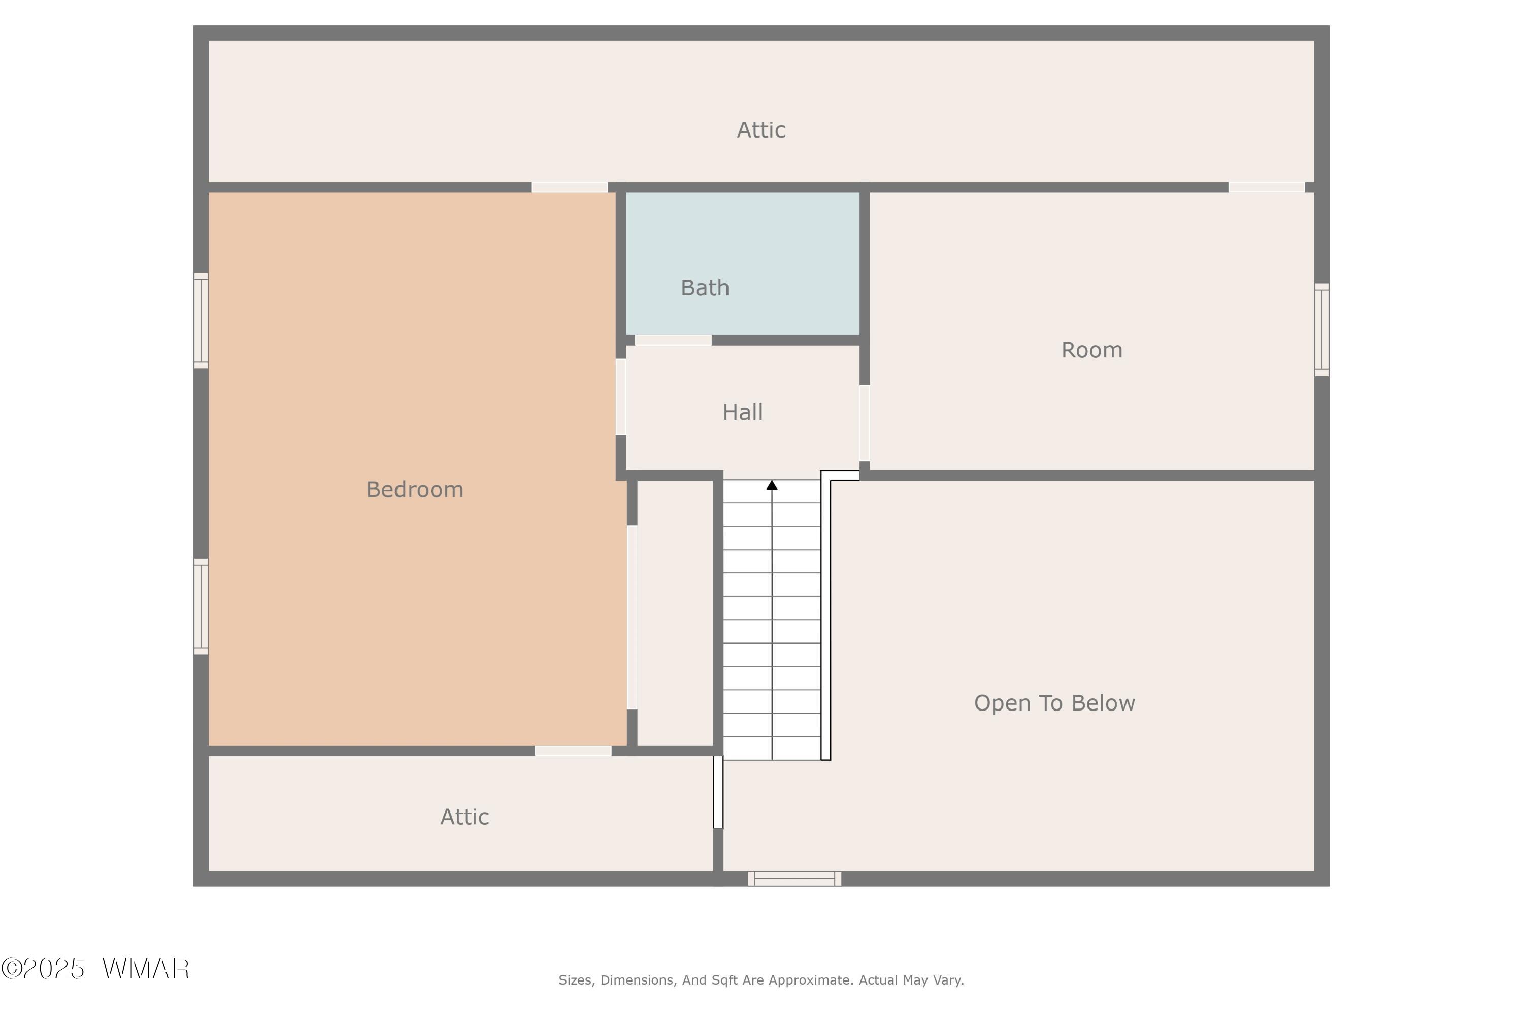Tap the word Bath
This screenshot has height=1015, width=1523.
click(x=705, y=287)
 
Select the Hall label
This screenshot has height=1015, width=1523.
click(x=743, y=412)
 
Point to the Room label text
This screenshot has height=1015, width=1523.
click(x=1092, y=350)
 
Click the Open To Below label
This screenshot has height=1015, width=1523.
click(x=1054, y=703)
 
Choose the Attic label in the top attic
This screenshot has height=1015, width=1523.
click(x=761, y=130)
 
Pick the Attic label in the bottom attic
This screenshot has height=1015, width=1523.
click(x=465, y=817)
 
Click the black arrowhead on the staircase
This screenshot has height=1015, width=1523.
click(x=772, y=485)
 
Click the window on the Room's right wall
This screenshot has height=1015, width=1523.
click(x=1321, y=329)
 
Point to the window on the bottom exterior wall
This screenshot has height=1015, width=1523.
click(x=794, y=878)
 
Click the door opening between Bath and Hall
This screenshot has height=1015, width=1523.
click(x=674, y=341)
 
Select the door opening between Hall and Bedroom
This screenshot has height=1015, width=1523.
click(x=621, y=397)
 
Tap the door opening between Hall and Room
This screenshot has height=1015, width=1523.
click(x=865, y=423)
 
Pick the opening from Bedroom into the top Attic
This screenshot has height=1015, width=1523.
click(x=569, y=187)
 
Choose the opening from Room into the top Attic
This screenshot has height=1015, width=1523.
click(x=1267, y=187)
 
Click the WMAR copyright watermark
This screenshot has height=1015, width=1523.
click(x=95, y=969)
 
